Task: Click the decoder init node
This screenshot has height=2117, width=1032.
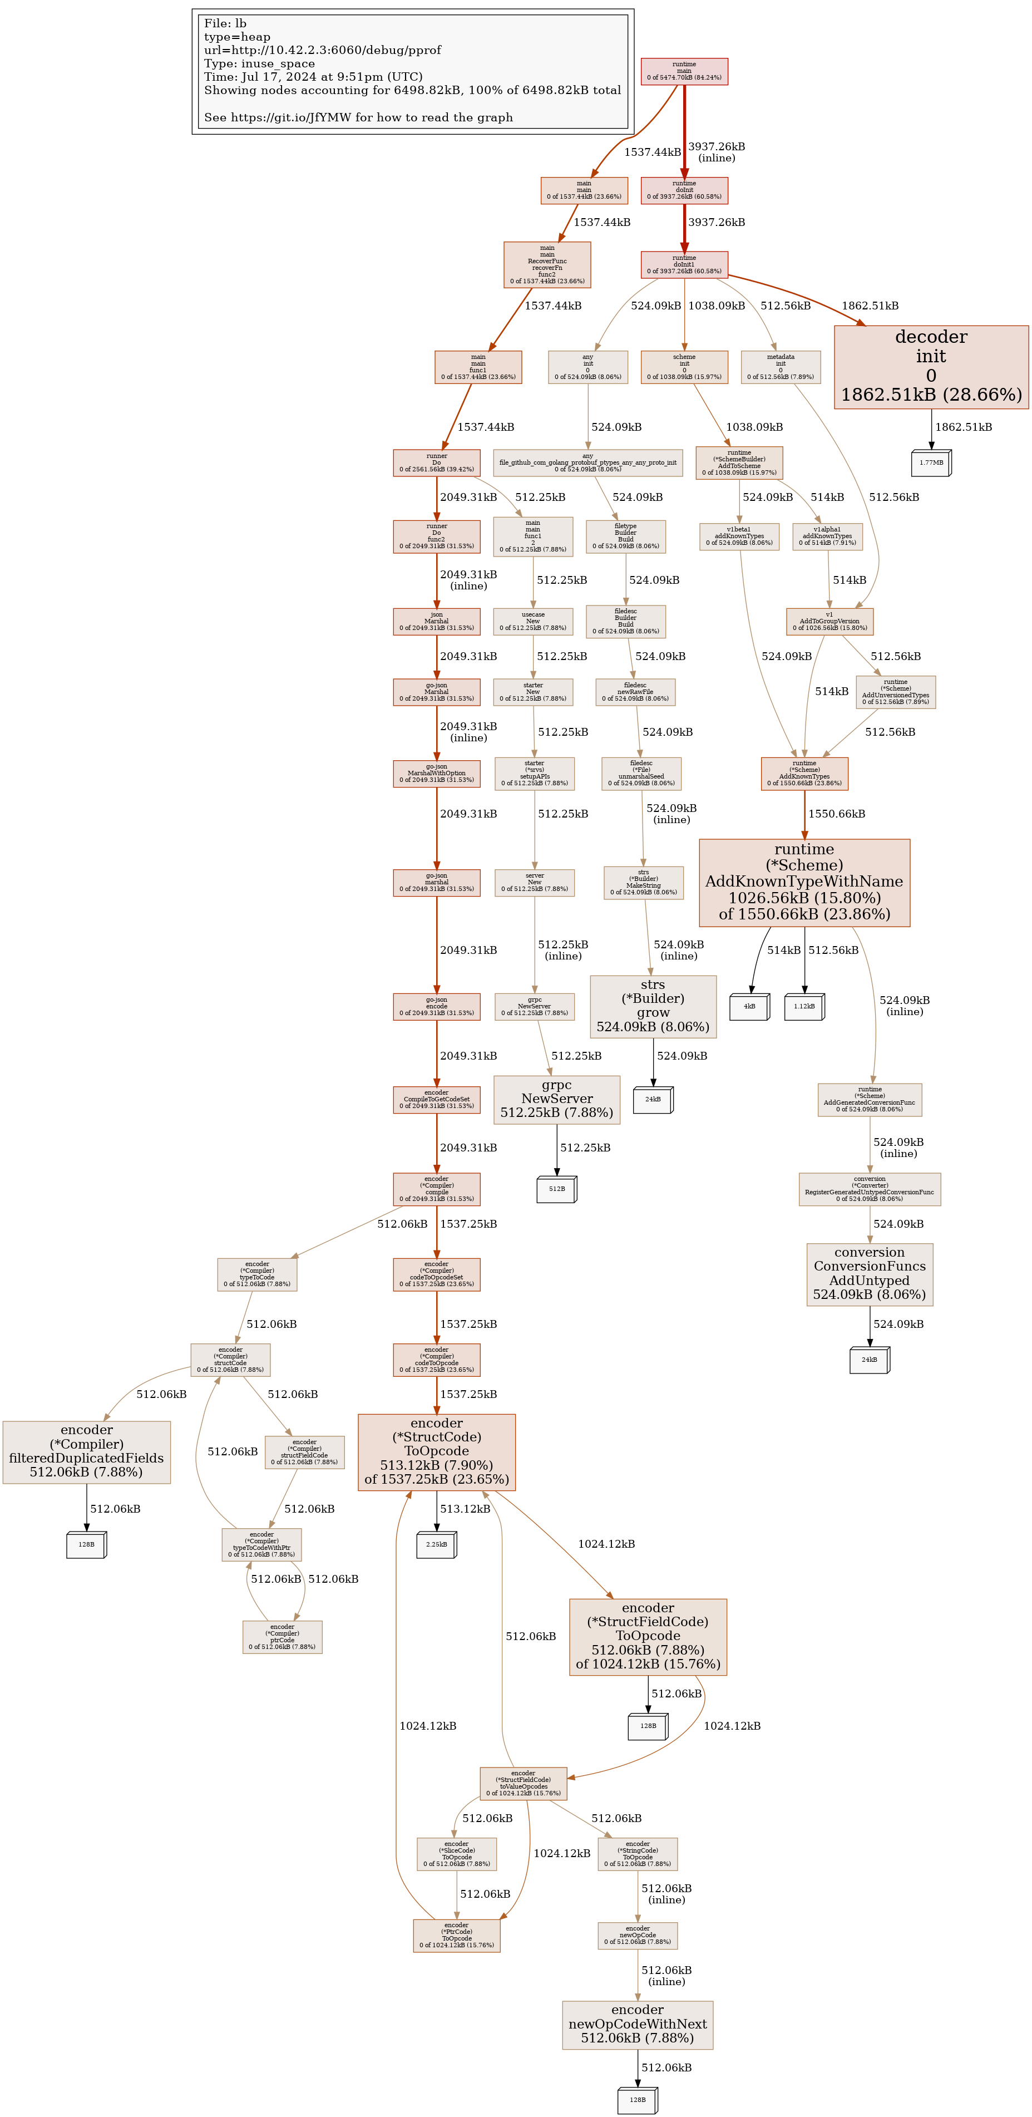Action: [931, 367]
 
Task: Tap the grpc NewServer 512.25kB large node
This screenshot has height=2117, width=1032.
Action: [556, 1099]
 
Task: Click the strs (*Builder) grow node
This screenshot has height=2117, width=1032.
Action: [653, 1006]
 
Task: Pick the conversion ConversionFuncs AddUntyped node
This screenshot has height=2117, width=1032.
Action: [870, 1274]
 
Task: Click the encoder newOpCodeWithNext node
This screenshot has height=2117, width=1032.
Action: [637, 2024]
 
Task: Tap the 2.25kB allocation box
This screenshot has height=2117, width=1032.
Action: [436, 1544]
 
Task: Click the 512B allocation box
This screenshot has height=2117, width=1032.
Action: [556, 1188]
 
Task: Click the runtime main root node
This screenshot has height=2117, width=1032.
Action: [684, 71]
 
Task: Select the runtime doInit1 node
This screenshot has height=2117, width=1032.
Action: [684, 265]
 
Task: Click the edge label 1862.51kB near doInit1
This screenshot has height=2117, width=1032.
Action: [870, 306]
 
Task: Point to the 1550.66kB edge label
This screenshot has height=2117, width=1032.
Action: [836, 814]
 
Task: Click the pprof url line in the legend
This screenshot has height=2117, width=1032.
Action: [322, 50]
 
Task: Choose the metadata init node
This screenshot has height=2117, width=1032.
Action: [780, 367]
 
